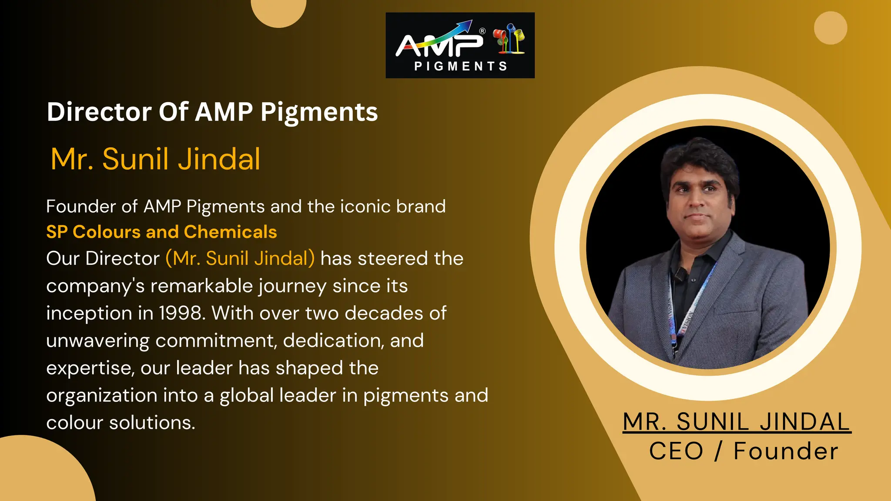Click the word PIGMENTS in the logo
click(x=460, y=66)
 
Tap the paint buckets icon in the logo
click(x=509, y=40)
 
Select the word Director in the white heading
click(x=99, y=112)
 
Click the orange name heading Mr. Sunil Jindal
click(x=155, y=159)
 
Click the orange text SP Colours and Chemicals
click(x=161, y=232)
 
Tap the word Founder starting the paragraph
click(x=81, y=207)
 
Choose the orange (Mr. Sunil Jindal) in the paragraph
click(x=240, y=258)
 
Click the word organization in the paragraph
click(x=102, y=395)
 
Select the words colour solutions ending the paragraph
click(x=121, y=423)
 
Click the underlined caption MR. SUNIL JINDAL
click(x=736, y=422)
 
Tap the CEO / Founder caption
click(x=743, y=451)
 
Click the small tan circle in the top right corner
click(x=831, y=28)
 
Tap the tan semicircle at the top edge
click(x=279, y=11)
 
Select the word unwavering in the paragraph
click(x=97, y=341)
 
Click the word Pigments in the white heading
click(x=319, y=112)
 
